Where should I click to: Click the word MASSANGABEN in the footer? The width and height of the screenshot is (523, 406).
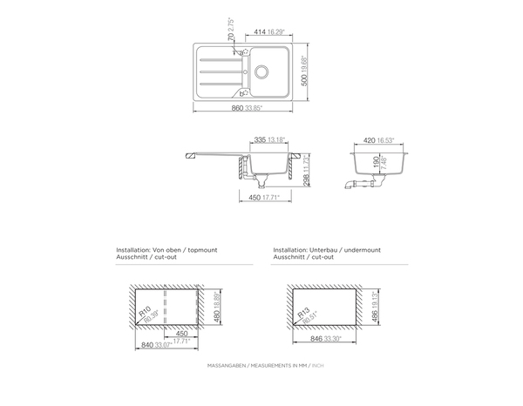pos(225,365)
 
